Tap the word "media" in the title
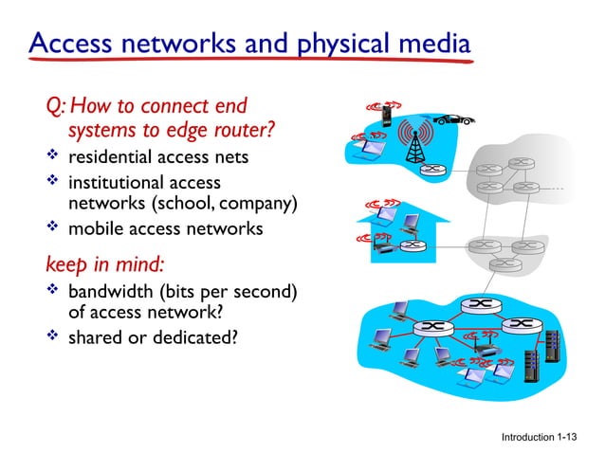(432, 45)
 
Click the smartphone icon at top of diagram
(387, 115)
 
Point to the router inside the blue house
(409, 245)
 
